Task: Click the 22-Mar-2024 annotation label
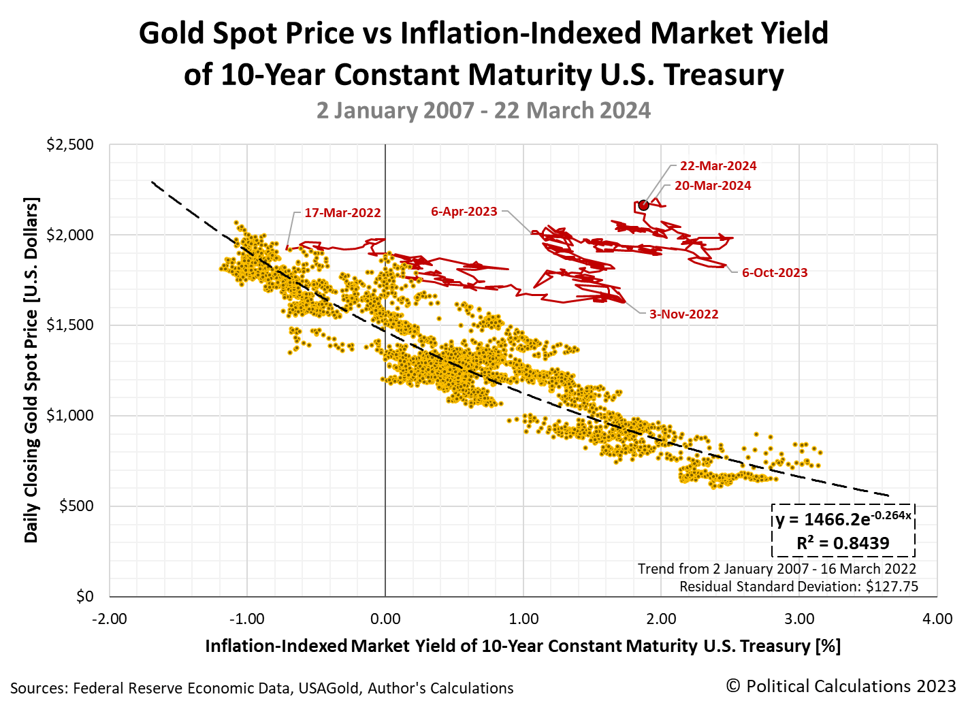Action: [x=717, y=166]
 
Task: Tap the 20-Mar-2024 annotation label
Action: [x=713, y=186]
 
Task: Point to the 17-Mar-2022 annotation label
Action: [x=342, y=213]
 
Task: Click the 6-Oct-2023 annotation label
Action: [x=775, y=273]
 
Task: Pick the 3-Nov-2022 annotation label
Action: [x=683, y=314]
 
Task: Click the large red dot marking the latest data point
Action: [x=643, y=205]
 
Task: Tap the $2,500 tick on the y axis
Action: [x=70, y=145]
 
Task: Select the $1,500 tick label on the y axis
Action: [x=70, y=325]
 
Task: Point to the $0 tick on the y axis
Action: [x=84, y=596]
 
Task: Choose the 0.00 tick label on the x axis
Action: [x=385, y=619]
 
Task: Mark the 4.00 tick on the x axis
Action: [x=937, y=619]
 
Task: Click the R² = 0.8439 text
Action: [x=843, y=543]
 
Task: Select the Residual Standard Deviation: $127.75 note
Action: [x=798, y=587]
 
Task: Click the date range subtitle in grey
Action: [x=483, y=110]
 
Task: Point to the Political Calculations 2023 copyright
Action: [x=841, y=686]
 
